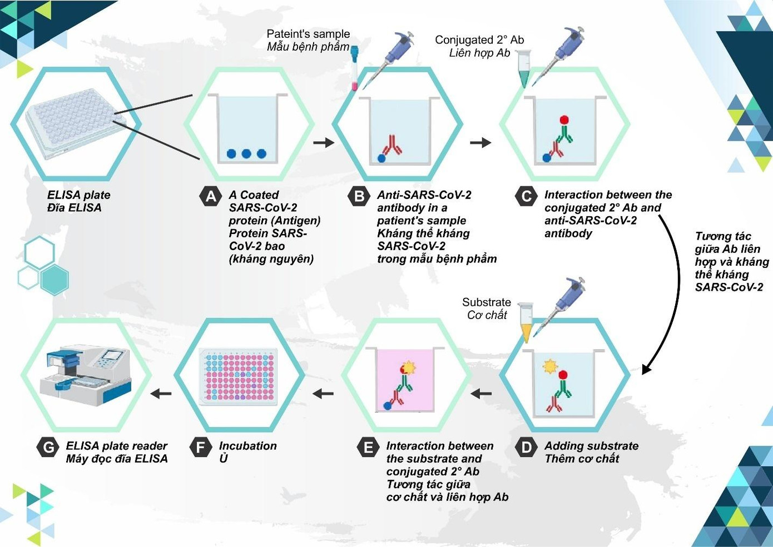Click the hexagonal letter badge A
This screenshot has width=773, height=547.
coord(210,196)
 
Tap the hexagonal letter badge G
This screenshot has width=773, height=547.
coord(48,447)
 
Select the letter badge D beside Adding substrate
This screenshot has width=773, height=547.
coord(526,447)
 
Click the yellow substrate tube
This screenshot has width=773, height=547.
coord(526,322)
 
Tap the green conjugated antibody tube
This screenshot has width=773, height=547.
coord(524,69)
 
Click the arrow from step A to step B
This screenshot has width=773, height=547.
coord(323,142)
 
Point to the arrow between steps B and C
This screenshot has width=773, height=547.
coord(480,142)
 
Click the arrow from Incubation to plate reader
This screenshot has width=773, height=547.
coord(161,394)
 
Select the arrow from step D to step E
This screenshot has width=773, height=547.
coord(481,394)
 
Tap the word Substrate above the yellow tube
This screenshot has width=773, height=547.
coord(486,302)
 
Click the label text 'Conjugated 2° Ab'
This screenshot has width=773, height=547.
coord(479,39)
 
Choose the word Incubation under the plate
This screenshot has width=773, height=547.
coord(247,446)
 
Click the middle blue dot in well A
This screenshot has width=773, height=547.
coord(246,153)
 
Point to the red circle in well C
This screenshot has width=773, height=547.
coord(564,119)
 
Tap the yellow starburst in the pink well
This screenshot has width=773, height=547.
coord(409,367)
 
